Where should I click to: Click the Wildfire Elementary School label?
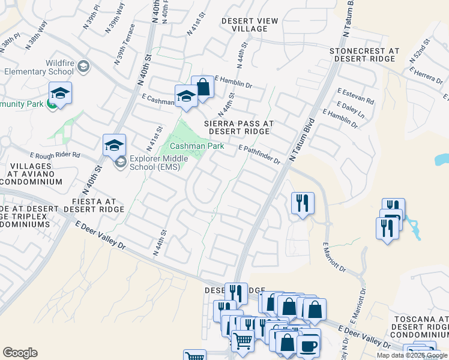click(x=38, y=67)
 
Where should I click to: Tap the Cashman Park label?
click(x=197, y=146)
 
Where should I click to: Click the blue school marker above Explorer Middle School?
click(x=114, y=145)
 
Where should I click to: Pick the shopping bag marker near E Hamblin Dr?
click(x=203, y=88)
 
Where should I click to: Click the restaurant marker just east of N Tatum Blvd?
click(x=303, y=203)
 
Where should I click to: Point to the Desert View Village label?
click(x=250, y=25)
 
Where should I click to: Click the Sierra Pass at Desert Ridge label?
click(x=239, y=127)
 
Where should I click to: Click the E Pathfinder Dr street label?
click(x=259, y=154)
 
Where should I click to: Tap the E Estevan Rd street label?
click(x=355, y=96)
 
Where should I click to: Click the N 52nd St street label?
click(x=420, y=52)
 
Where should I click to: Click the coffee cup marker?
click(x=309, y=346)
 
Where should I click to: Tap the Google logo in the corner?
click(x=20, y=353)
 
